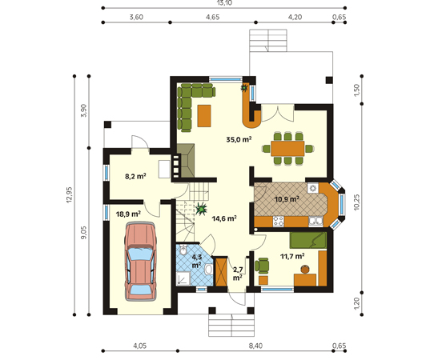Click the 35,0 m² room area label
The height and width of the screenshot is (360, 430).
click(x=239, y=139)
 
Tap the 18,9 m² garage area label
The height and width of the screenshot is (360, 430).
click(x=128, y=214)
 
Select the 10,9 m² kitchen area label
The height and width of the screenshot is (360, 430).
click(x=287, y=199)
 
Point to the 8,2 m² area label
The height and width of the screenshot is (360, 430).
click(x=135, y=176)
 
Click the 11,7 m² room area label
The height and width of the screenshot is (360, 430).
click(x=292, y=256)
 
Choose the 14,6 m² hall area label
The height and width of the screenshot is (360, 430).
click(x=224, y=218)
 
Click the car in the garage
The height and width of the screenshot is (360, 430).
click(x=140, y=262)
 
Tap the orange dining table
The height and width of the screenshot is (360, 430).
click(x=287, y=149)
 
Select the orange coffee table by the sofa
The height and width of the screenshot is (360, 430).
click(x=204, y=116)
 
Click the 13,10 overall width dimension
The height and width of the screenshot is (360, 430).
click(x=224, y=3)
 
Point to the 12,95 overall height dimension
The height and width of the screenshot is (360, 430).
click(x=69, y=194)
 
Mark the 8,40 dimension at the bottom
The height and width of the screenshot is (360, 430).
click(x=255, y=346)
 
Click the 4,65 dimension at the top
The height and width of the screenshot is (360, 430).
click(x=213, y=17)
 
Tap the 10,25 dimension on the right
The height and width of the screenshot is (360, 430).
click(x=356, y=202)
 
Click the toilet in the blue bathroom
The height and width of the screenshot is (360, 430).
click(x=183, y=250)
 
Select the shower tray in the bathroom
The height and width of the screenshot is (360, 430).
click(x=183, y=278)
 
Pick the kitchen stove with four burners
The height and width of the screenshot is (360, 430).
click(x=278, y=222)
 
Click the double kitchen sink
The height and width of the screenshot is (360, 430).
click(x=315, y=221)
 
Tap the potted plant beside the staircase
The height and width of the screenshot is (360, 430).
click(x=202, y=209)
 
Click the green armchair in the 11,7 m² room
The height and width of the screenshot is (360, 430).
click(x=262, y=266)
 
